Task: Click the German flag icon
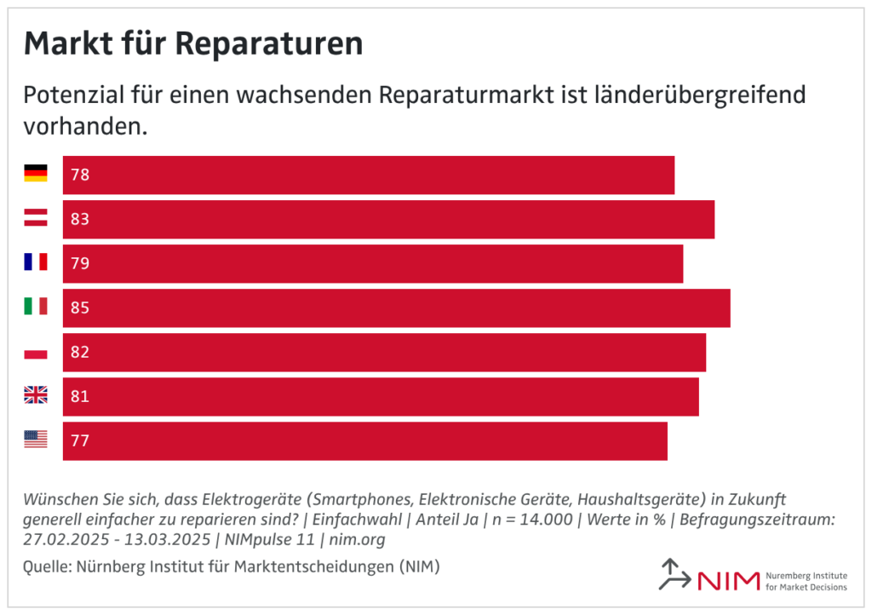tap(35, 174)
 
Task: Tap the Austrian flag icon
tap(35, 218)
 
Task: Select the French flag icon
tap(35, 262)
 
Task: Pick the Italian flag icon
tap(35, 307)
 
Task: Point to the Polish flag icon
tap(35, 351)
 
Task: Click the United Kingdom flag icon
tap(35, 395)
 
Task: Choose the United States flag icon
tap(35, 440)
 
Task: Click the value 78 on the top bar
tap(80, 175)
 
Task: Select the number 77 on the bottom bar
tap(80, 441)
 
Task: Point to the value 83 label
tap(80, 220)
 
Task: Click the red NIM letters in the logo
tap(728, 581)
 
